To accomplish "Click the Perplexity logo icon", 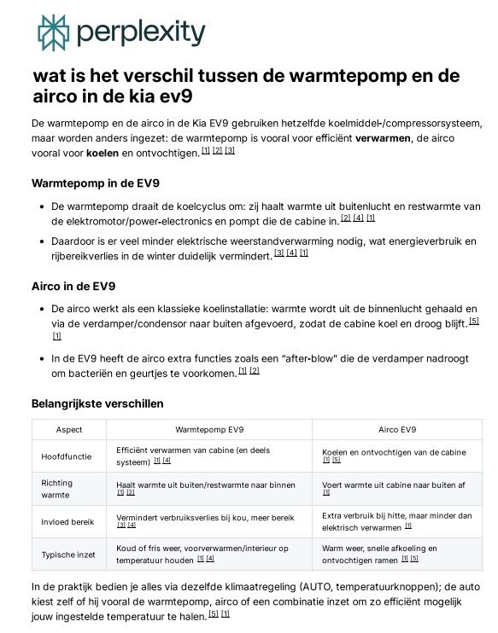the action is (53, 32).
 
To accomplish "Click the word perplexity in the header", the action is (141, 34).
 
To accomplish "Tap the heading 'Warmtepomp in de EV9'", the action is (95, 183).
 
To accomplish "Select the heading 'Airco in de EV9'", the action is (73, 285).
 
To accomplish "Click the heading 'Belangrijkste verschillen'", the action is (97, 403).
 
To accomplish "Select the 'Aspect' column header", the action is (69, 429).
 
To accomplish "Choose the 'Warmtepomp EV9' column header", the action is (209, 429).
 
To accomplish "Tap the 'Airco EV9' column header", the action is (397, 429).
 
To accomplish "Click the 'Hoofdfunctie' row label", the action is (67, 456).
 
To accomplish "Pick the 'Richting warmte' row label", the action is (57, 488).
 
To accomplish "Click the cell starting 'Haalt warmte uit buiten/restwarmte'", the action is (205, 484).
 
